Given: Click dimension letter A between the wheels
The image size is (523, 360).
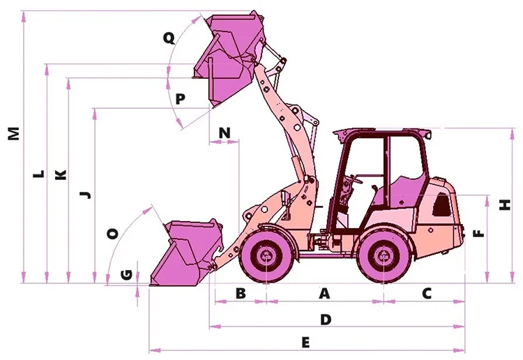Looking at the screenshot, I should [324, 294].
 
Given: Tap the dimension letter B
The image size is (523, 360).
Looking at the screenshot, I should [241, 294].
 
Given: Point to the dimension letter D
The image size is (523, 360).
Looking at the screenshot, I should [325, 319].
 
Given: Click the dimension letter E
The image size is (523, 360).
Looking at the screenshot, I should [305, 342].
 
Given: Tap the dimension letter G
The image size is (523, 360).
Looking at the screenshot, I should [126, 274].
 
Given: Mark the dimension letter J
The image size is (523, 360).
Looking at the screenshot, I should [85, 194].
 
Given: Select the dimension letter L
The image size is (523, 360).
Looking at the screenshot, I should [39, 173].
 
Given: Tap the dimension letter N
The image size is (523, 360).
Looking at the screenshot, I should [224, 132].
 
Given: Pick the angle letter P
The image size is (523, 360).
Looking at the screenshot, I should [180, 99].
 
